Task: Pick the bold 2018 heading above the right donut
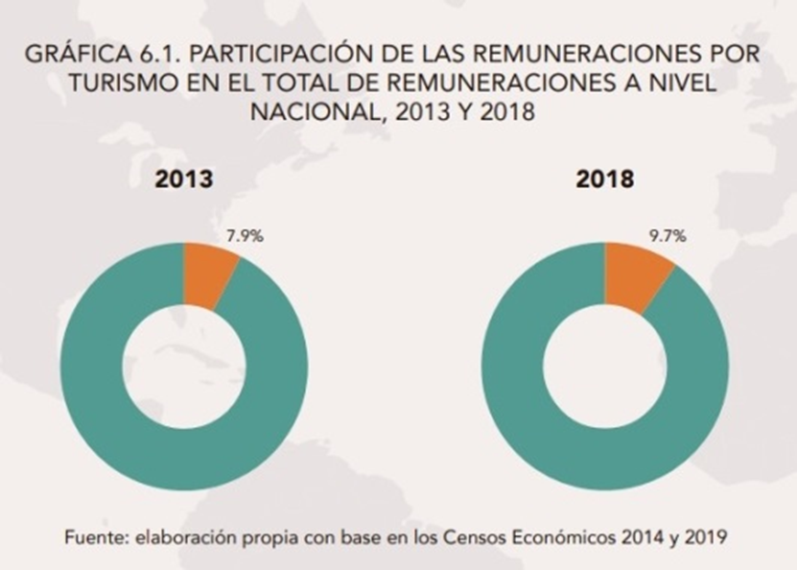point(605,179)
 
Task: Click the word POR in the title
point(736,55)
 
